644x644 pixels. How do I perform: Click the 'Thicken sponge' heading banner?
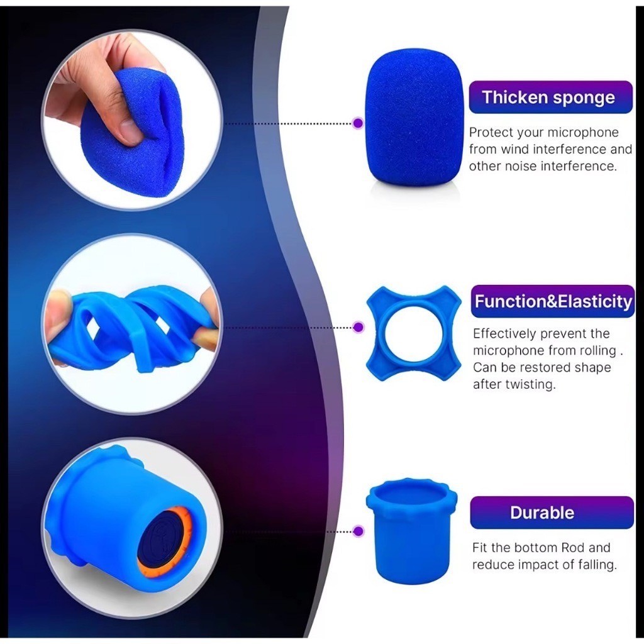tap(550, 97)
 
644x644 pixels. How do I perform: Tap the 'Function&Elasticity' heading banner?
tap(553, 301)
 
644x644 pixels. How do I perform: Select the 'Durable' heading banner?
tap(552, 513)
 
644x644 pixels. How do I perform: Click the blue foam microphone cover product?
tap(414, 121)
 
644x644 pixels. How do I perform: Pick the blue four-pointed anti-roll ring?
tap(375, 333)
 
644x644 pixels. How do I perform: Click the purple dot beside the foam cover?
tap(358, 123)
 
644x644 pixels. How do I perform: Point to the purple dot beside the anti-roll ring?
tap(358, 327)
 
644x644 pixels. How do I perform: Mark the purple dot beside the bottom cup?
tap(358, 531)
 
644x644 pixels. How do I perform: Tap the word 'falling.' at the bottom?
tap(596, 565)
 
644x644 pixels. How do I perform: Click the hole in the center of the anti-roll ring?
tap(414, 333)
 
